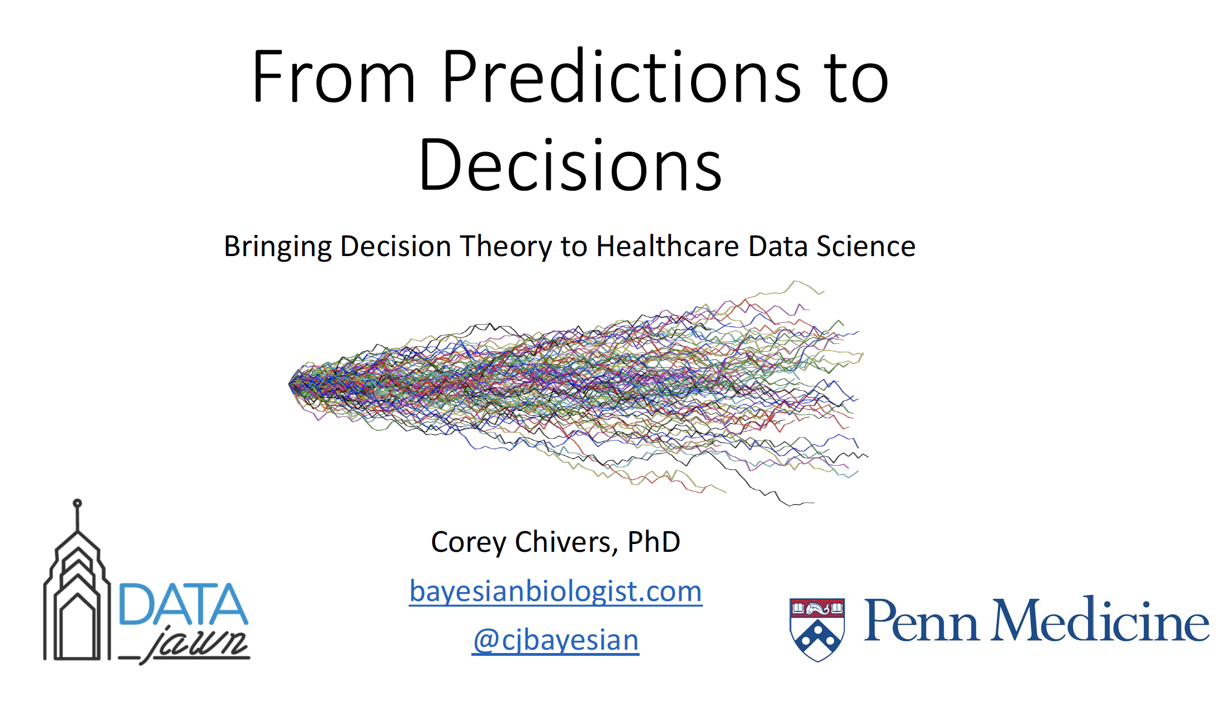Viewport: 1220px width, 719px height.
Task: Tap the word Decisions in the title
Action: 570,164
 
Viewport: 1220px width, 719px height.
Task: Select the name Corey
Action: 469,542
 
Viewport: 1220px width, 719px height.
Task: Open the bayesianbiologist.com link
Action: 556,592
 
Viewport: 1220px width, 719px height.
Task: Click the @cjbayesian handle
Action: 556,640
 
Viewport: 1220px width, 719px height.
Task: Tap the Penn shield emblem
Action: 817,630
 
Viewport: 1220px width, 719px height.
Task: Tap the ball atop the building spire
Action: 78,503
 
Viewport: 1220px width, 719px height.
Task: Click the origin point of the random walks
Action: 290,384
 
